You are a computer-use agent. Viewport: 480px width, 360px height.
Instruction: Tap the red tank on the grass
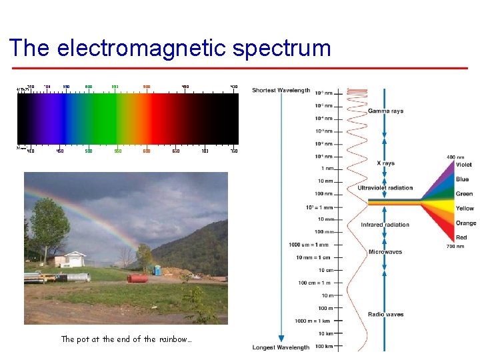click(137, 278)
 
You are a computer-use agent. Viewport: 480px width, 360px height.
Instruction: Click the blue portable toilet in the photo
click(157, 270)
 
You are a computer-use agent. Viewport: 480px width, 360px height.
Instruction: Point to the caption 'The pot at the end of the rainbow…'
click(126, 339)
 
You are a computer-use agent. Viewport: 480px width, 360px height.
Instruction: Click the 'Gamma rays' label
click(385, 111)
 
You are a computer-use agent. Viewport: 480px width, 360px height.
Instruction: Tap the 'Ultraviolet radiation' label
click(385, 188)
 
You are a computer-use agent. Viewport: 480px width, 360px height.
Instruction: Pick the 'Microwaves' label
click(385, 252)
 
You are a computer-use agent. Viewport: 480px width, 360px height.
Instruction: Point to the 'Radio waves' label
click(385, 314)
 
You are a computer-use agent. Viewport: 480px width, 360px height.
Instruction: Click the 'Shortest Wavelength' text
click(281, 91)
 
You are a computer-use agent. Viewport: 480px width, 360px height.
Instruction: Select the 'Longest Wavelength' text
click(281, 347)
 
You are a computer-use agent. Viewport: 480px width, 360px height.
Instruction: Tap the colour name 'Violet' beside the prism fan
click(464, 165)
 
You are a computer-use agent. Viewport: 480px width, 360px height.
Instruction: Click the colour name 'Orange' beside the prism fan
click(466, 223)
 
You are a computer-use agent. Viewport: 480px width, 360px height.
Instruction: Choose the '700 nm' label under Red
click(456, 247)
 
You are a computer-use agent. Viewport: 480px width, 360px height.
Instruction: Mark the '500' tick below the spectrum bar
click(89, 151)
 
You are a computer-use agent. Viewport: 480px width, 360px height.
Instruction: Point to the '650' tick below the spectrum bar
click(176, 151)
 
